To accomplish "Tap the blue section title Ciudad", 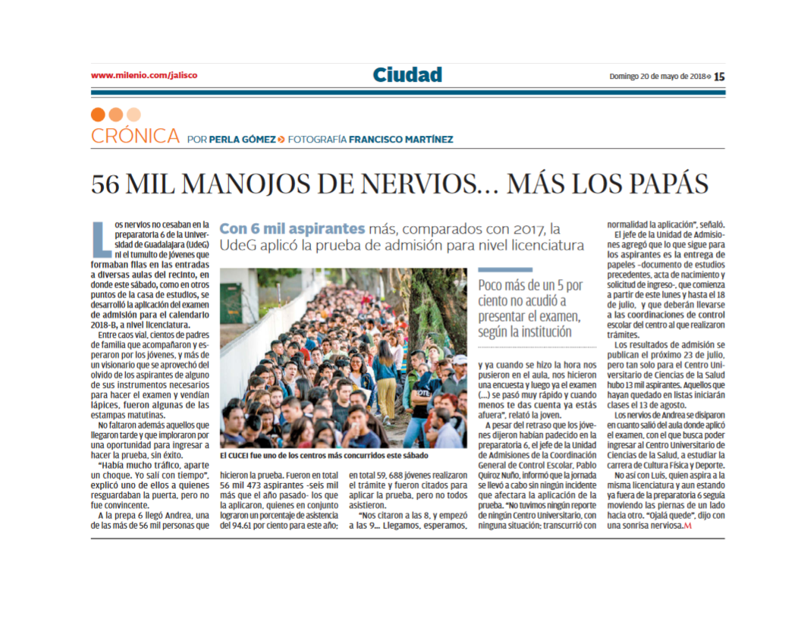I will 407,75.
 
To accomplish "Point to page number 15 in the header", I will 719,76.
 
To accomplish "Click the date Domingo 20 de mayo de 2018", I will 658,76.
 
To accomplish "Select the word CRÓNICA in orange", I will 135,137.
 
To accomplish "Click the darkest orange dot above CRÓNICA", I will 97,115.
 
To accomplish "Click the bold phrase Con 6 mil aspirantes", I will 292,228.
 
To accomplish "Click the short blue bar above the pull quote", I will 500,269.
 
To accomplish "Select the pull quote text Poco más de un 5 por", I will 530,286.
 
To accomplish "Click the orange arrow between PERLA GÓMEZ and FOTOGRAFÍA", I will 281,139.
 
